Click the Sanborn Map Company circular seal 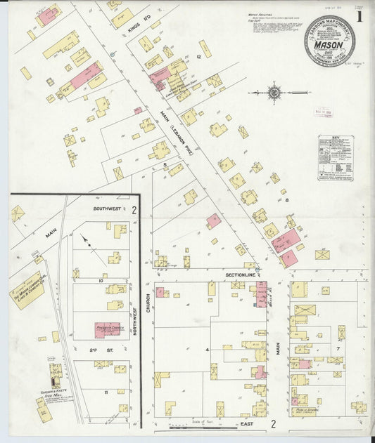point(329,41)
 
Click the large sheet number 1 point(360,15)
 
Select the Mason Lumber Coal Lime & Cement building point(28,289)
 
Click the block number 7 point(338,348)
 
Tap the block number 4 point(208,349)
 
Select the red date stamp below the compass point(324,111)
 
